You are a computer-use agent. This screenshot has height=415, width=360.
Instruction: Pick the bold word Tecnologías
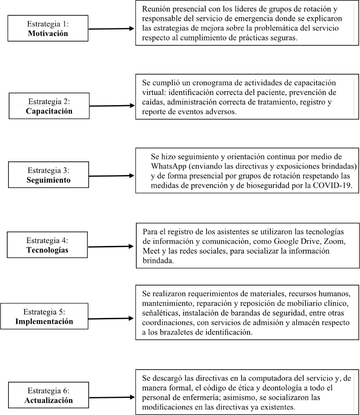tap(48, 250)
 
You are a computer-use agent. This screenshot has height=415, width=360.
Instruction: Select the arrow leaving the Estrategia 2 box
tap(112, 106)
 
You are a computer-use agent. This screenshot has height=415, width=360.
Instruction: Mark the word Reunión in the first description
tap(156, 9)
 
